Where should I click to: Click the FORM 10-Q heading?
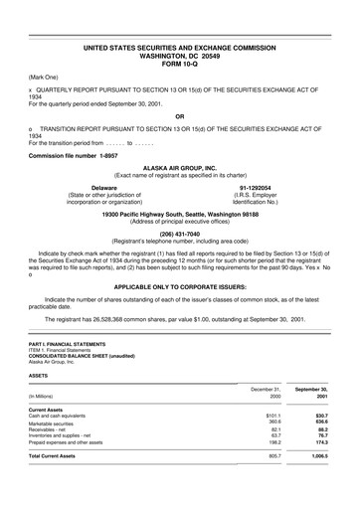pos(179,61)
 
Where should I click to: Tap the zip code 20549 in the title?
pos(214,53)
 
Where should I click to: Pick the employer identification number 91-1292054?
pos(260,186)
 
